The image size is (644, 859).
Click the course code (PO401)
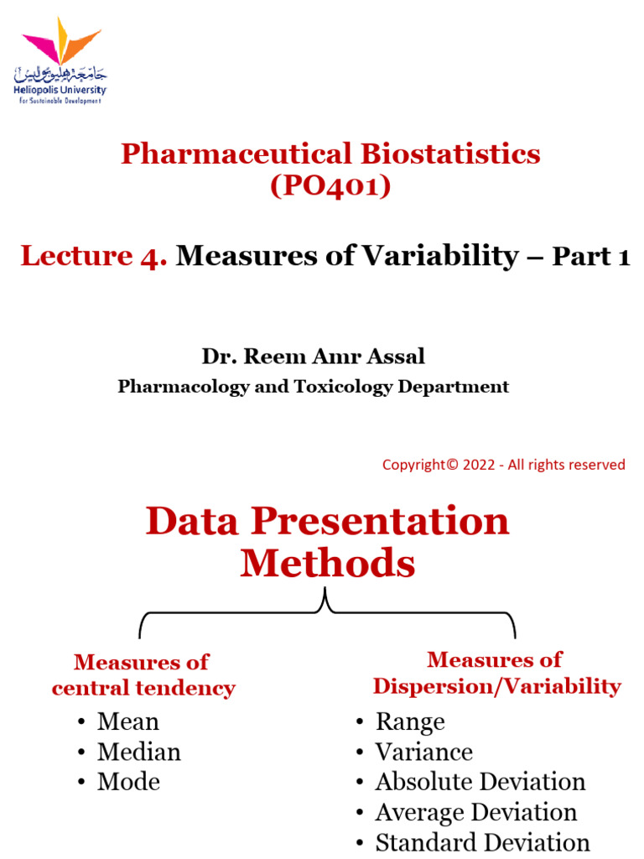330,185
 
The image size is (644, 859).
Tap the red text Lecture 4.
94,257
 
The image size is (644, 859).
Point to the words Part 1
590,258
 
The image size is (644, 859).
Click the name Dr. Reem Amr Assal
313,357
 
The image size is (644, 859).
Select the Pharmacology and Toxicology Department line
313,387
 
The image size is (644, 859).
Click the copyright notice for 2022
503,465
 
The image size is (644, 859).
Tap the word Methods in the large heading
328,564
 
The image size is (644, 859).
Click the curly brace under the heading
327,613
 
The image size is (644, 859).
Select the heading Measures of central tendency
143,675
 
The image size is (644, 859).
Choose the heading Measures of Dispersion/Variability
496,673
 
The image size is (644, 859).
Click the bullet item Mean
127,721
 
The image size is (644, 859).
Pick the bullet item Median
138,752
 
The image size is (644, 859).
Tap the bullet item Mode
128,782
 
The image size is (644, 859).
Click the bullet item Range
409,721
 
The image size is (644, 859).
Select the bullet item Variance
423,752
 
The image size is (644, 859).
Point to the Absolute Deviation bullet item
480,782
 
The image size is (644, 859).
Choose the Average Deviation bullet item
475,812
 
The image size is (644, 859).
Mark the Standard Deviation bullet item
482,842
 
